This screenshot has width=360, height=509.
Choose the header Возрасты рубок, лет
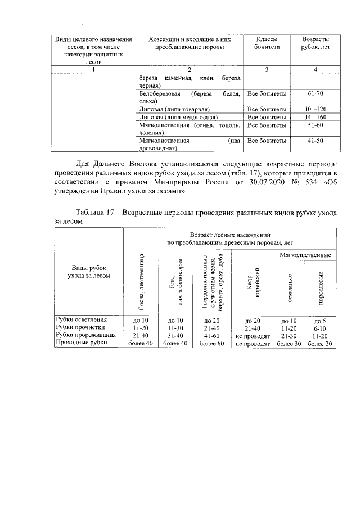click(x=315, y=43)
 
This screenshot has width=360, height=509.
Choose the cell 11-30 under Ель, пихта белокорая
click(x=177, y=327)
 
